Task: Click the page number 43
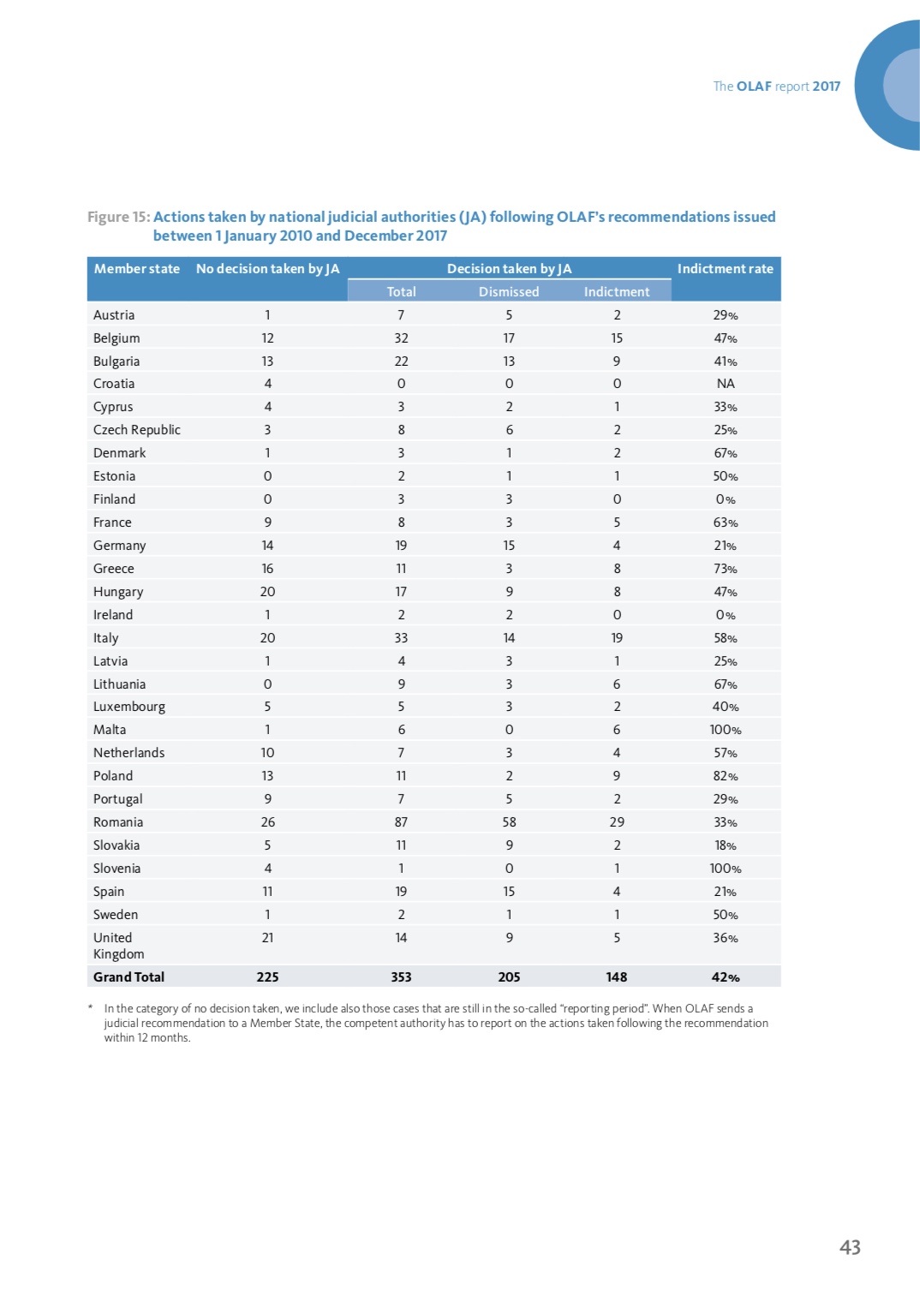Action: [850, 1247]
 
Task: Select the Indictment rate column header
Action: [725, 269]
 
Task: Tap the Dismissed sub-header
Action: [509, 291]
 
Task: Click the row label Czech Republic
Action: [136, 429]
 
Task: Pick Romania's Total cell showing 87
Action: [401, 822]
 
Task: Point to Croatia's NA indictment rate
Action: [726, 384]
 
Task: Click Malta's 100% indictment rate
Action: [726, 730]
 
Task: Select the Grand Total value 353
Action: [401, 977]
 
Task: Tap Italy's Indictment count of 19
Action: [617, 637]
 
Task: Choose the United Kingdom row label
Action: [118, 946]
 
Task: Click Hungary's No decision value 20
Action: [267, 591]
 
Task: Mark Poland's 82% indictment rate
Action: [726, 775]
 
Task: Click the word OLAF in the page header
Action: [754, 86]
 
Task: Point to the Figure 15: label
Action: [118, 217]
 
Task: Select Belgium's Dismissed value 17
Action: [509, 337]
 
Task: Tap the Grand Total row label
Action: [128, 977]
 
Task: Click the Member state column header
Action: [136, 269]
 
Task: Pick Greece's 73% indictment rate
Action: [726, 569]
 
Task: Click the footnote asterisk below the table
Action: [90, 1006]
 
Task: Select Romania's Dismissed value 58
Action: [509, 822]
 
